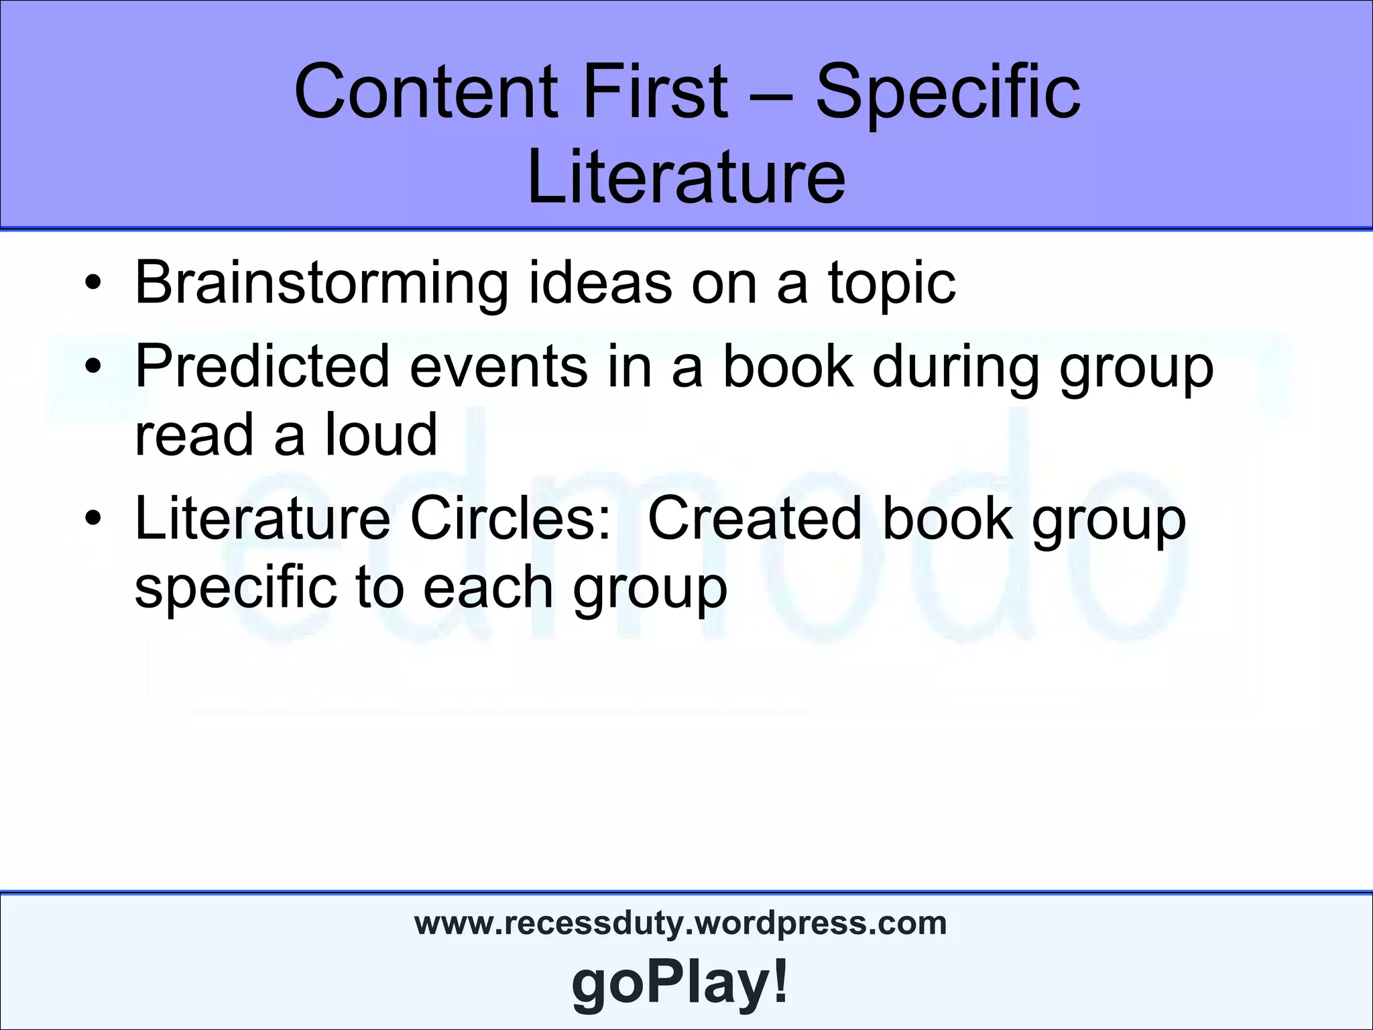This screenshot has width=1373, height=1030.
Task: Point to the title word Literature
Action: [x=686, y=176]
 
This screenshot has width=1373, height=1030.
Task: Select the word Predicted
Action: [x=262, y=367]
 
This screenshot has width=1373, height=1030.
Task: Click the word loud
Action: [x=381, y=434]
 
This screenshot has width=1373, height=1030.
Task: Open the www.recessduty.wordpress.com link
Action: [x=680, y=923]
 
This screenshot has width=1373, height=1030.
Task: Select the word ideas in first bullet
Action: [x=600, y=283]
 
